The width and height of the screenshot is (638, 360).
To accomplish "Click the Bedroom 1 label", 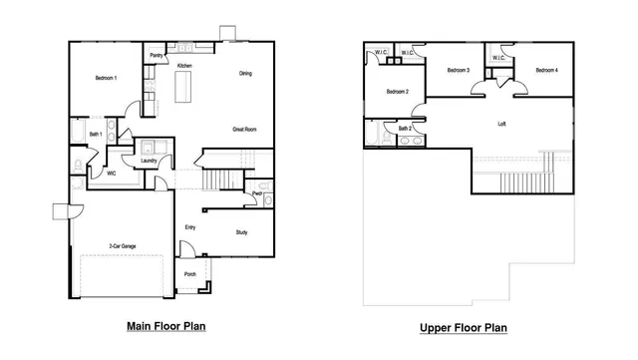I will tap(106, 78).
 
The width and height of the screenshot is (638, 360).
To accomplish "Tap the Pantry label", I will tap(157, 56).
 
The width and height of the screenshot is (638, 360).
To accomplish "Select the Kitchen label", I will tap(184, 66).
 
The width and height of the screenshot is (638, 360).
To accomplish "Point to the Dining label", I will tap(245, 74).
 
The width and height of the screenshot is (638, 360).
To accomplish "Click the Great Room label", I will tap(245, 129).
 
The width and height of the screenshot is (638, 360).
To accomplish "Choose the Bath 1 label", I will tap(96, 134).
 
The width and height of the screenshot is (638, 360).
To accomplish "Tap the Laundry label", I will tap(150, 160).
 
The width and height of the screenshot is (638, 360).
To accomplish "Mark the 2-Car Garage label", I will tap(123, 245).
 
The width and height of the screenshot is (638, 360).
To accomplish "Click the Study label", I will tap(241, 232).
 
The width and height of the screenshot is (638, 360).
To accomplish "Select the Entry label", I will tap(189, 227).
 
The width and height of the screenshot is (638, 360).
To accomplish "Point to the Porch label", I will tap(189, 274).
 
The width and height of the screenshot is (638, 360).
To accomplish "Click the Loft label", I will tap(502, 125).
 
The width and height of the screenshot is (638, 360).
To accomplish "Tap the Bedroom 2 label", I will tap(398, 92).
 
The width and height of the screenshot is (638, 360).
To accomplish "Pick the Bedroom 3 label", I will tap(458, 70).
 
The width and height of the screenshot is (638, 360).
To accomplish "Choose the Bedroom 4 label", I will tap(546, 70).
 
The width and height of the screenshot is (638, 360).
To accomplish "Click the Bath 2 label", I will tap(405, 128).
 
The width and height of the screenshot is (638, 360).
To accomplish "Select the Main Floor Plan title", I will tap(166, 326).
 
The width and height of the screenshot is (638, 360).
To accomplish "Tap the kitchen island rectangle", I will tap(185, 89).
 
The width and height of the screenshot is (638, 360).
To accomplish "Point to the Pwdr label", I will tap(257, 193).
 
